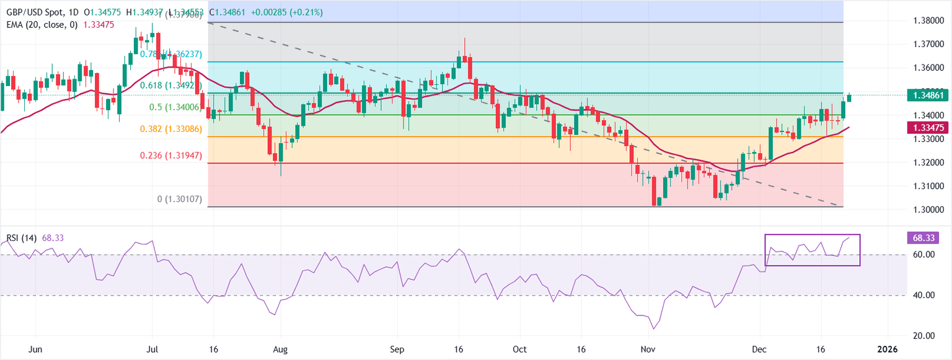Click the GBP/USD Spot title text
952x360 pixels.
pyautogui.click(x=35, y=12)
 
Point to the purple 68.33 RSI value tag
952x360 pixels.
pyautogui.click(x=924, y=237)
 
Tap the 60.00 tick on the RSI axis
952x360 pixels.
pyautogui.click(x=923, y=255)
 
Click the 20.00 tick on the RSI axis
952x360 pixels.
pyautogui.click(x=923, y=336)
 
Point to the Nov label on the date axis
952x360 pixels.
pyautogui.click(x=647, y=350)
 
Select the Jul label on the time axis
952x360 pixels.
pyautogui.click(x=152, y=350)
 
